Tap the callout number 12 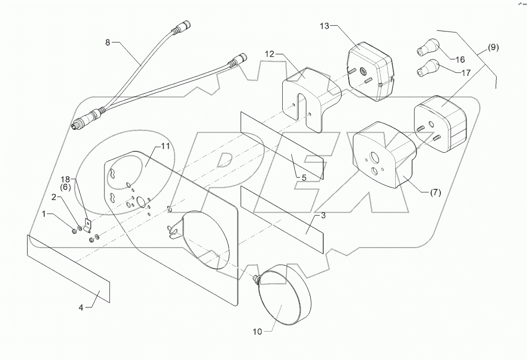click(269, 53)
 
